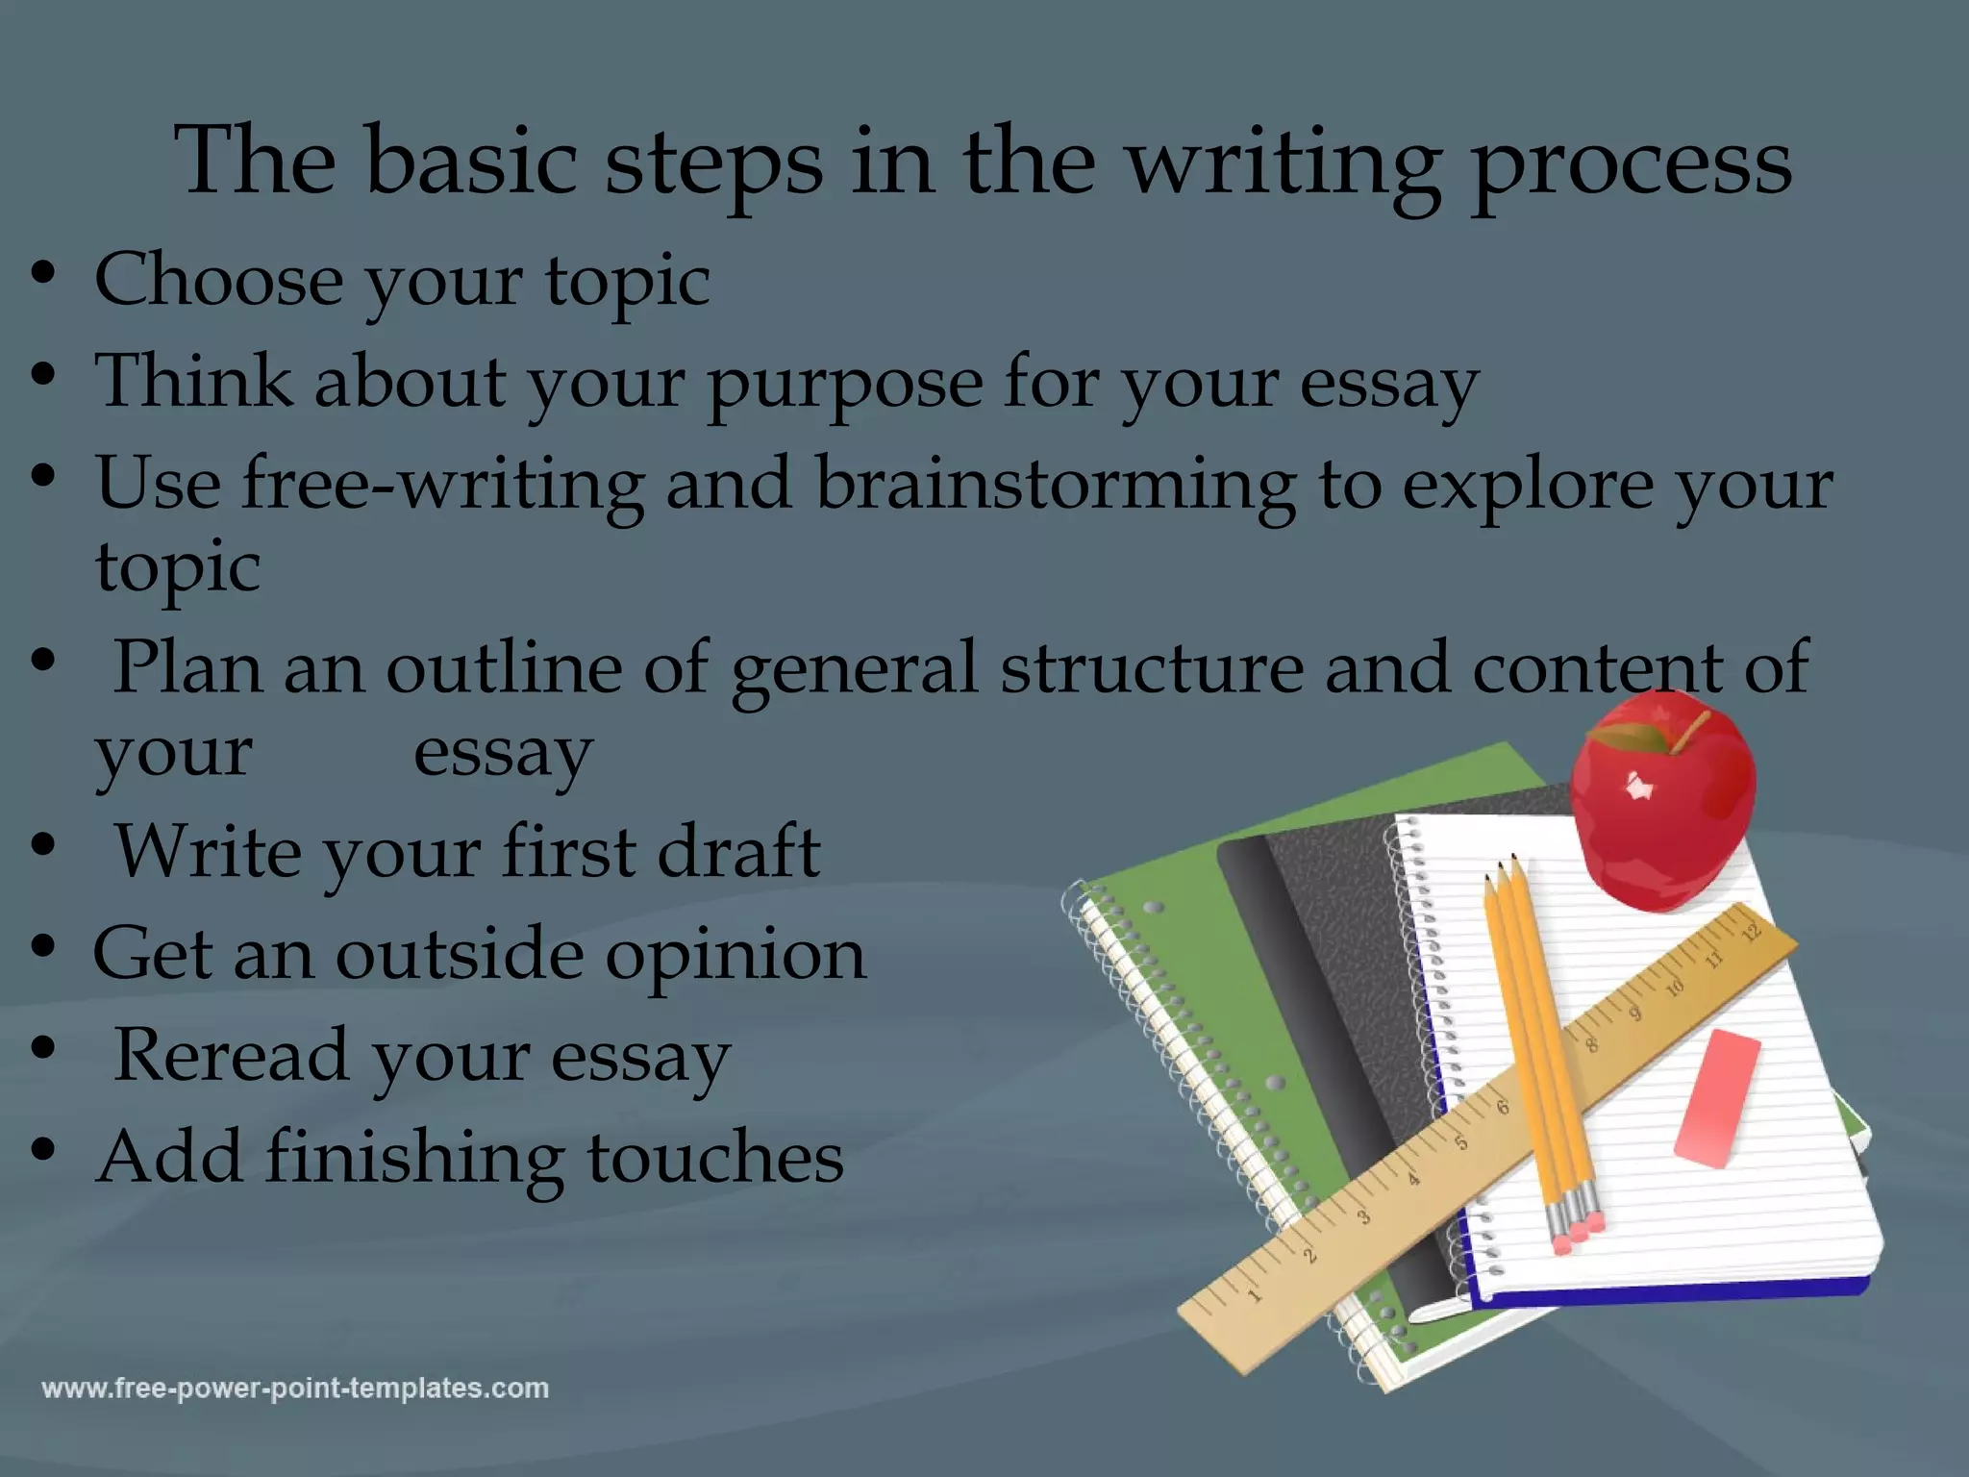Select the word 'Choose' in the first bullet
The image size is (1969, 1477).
pyautogui.click(x=218, y=280)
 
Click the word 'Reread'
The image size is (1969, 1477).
pyautogui.click(x=231, y=1056)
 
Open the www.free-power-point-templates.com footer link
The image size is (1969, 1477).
pyautogui.click(x=295, y=1389)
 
